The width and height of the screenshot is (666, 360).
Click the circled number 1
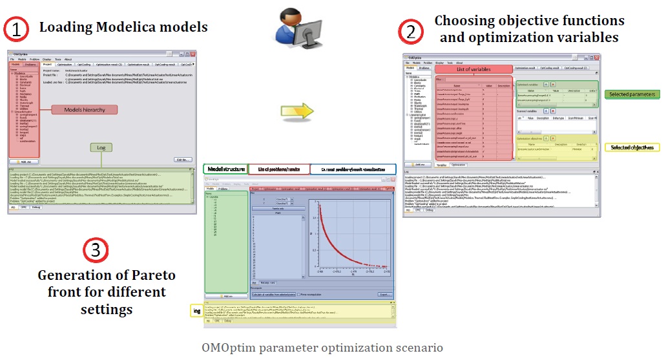pyautogui.click(x=16, y=29)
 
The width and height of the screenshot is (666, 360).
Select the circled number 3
pyautogui.click(x=96, y=250)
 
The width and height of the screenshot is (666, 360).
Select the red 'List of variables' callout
pyautogui.click(x=473, y=69)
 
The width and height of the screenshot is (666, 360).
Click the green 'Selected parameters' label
pyautogui.click(x=633, y=94)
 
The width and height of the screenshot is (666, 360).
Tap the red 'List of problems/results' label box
pyautogui.click(x=278, y=169)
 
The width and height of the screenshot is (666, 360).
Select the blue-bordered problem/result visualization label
pyautogui.click(x=353, y=169)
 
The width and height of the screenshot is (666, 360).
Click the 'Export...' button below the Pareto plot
pyautogui.click(x=384, y=294)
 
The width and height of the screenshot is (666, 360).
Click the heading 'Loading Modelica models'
pyautogui.click(x=123, y=27)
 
